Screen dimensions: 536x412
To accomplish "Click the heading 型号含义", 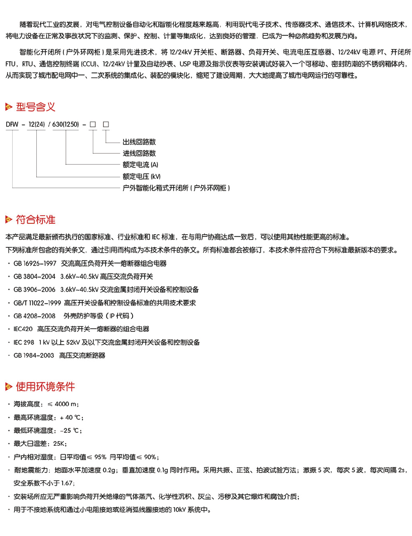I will (x=35, y=107).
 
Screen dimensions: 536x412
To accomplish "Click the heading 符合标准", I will (x=35, y=220).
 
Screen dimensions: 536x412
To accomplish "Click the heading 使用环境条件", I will (x=45, y=387).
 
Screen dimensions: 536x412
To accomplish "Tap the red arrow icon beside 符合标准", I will (x=9, y=220).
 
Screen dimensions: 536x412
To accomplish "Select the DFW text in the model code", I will (x=12, y=124).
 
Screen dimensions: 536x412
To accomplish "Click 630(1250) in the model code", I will (x=66, y=124).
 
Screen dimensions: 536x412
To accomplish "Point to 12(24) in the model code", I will (x=36, y=124).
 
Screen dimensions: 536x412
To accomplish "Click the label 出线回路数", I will (x=139, y=142).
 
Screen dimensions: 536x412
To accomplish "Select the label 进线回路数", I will (x=139, y=153).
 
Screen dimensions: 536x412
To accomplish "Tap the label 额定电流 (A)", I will (x=140, y=165).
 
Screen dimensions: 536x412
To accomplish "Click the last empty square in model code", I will (x=106, y=124).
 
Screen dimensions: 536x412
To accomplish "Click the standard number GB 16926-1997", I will (x=35, y=263).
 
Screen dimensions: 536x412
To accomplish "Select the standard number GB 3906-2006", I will (x=35, y=290).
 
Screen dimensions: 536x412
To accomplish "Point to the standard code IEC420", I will (x=23, y=329).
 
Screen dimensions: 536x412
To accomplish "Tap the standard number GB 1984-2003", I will (x=34, y=355).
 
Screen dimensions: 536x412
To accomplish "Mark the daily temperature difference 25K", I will (x=59, y=444).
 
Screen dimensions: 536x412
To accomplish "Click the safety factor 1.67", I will (x=67, y=483).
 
